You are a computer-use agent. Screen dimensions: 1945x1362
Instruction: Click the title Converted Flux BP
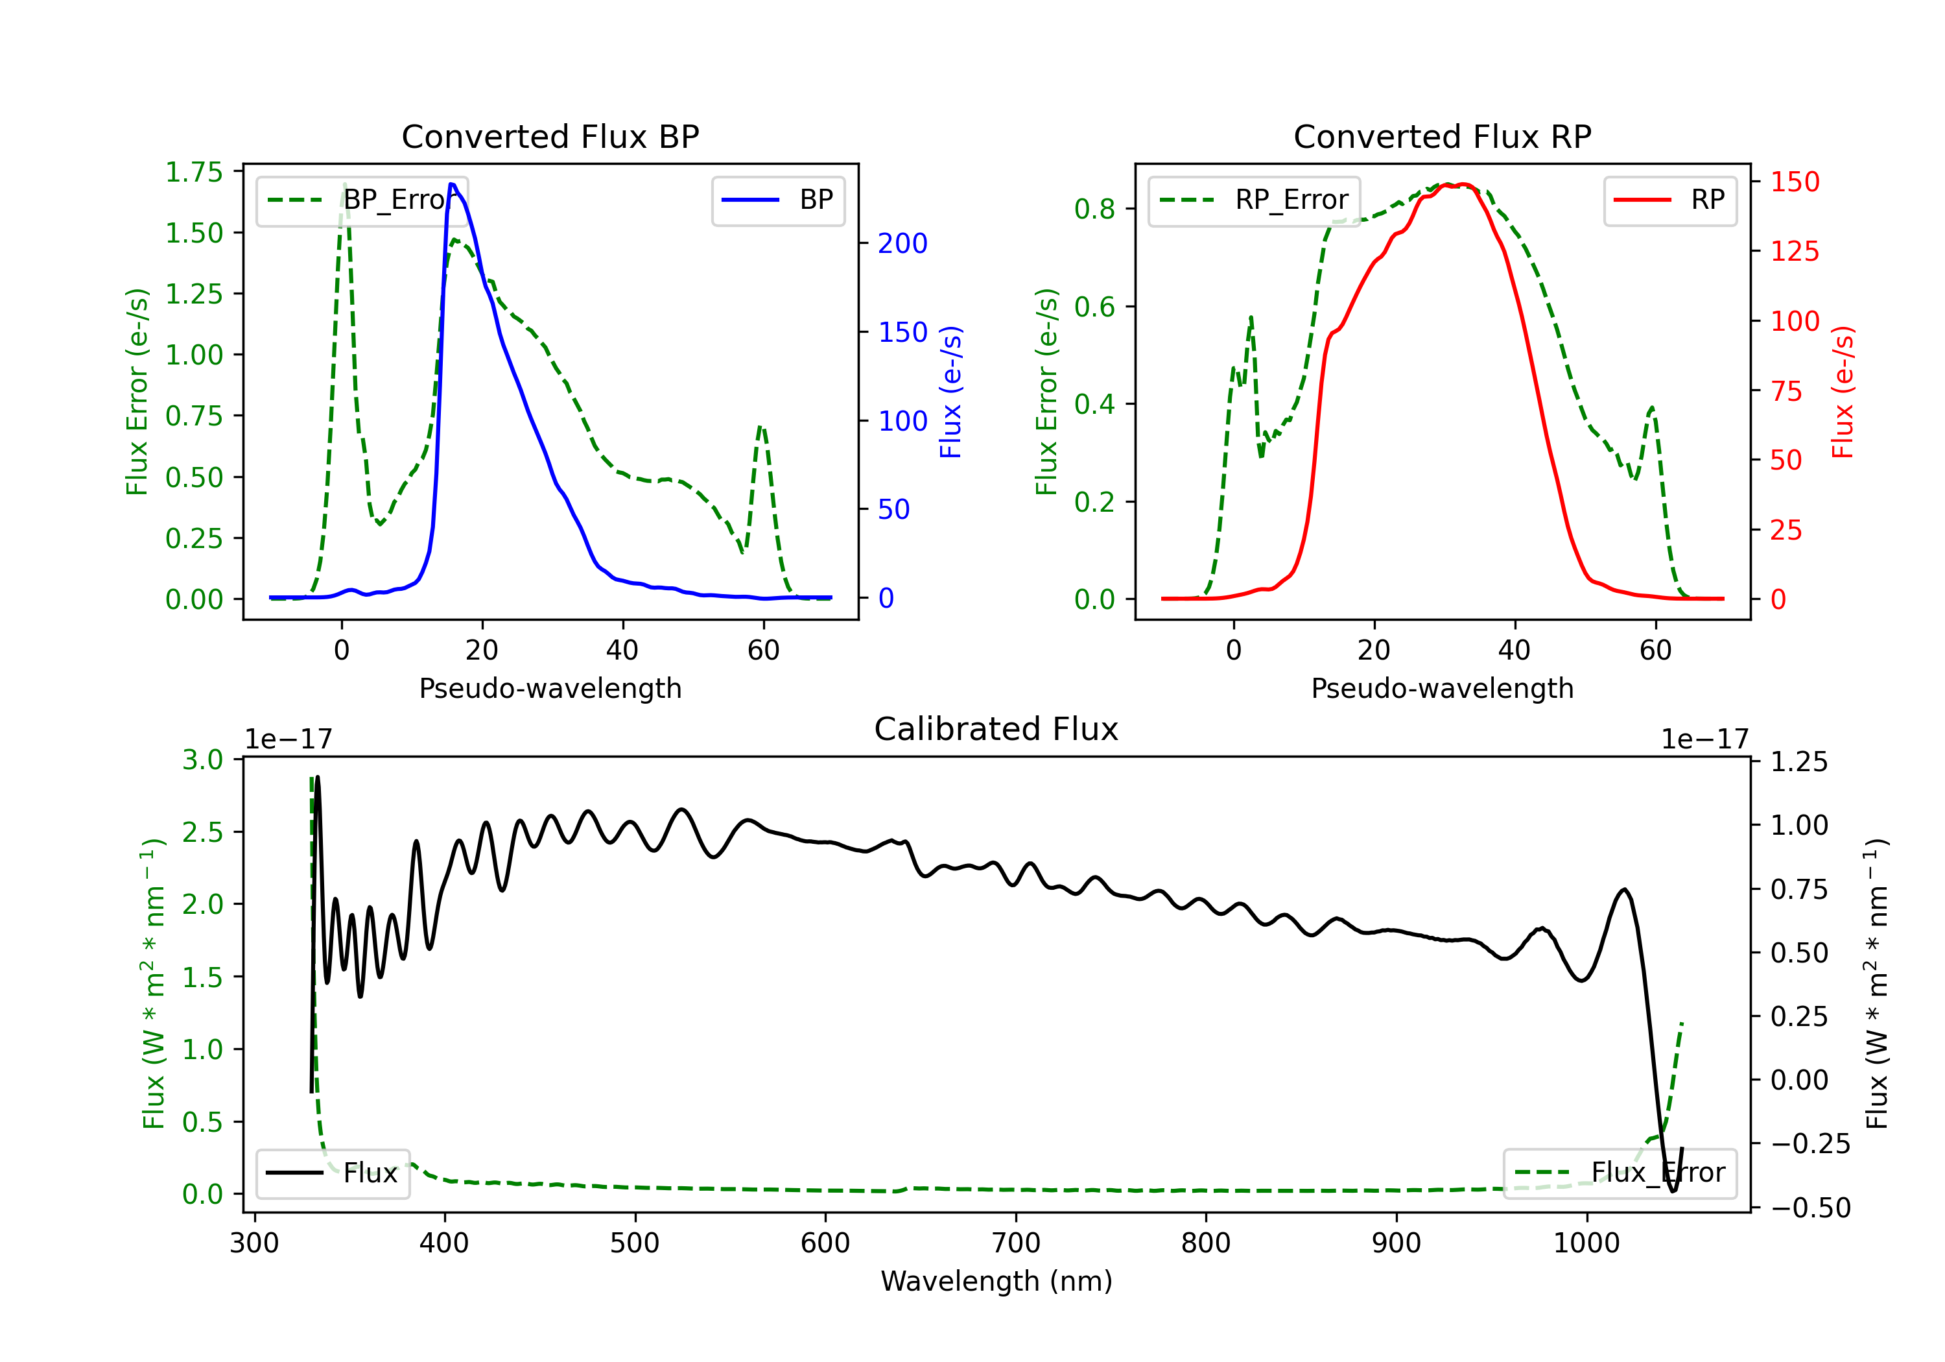point(550,136)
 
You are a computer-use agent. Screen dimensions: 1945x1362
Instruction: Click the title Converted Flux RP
point(1442,136)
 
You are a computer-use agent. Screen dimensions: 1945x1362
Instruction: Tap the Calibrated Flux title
point(996,729)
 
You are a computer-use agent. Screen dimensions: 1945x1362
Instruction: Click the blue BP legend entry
point(777,200)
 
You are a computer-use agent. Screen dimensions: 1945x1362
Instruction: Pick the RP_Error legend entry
point(1254,200)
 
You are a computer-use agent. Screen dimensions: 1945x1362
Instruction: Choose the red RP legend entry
point(1669,200)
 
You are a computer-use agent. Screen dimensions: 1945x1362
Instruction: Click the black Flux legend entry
point(332,1173)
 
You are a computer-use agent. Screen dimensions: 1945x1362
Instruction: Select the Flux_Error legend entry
point(1620,1173)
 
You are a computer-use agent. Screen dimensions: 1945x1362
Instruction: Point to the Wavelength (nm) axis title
point(996,1281)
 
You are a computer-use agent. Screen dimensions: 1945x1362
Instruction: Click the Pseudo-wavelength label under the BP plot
point(550,688)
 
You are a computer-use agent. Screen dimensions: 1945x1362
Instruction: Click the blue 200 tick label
point(903,243)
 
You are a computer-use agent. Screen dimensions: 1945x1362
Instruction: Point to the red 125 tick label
point(1795,251)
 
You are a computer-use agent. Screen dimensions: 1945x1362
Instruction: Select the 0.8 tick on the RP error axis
point(1094,208)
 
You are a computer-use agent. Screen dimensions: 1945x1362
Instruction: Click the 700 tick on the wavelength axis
point(1016,1243)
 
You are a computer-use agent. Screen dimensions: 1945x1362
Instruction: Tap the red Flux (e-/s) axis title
point(1843,392)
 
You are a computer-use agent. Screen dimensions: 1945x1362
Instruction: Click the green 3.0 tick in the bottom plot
point(202,759)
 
